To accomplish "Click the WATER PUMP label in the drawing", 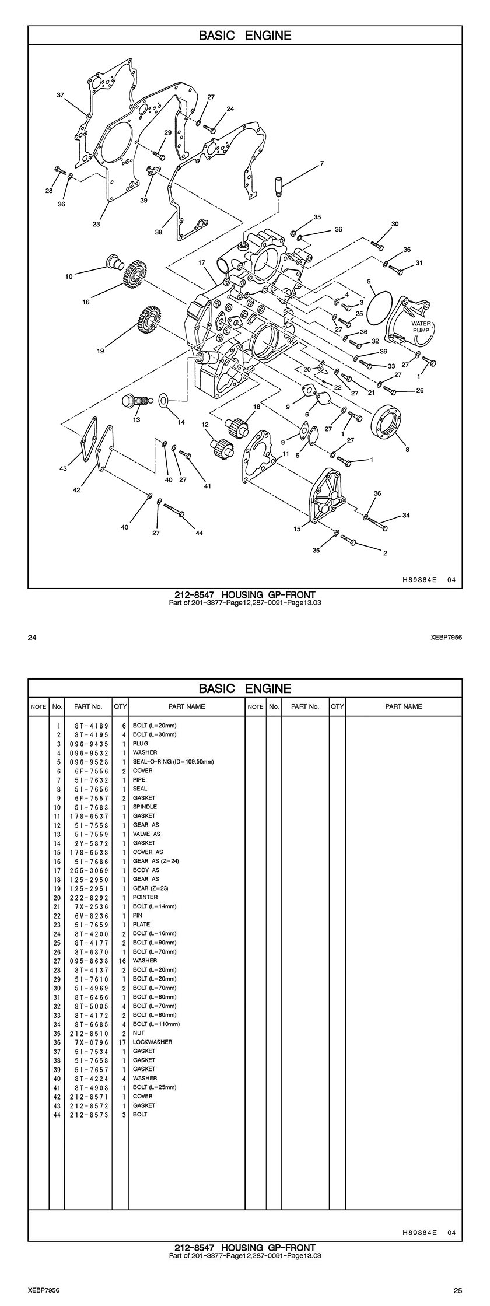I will pyautogui.click(x=421, y=327).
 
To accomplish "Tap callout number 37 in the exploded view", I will pyautogui.click(x=60, y=94).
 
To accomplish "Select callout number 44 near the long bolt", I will pyautogui.click(x=199, y=533).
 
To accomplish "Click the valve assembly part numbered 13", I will pyautogui.click(x=134, y=401).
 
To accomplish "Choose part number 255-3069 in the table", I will pyautogui.click(x=88, y=870).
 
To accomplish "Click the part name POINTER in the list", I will pyautogui.click(x=145, y=897).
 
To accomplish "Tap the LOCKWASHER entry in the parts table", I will pyautogui.click(x=152, y=1042).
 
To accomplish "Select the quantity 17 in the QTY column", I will pyautogui.click(x=121, y=1042).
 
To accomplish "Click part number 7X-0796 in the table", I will pyautogui.click(x=88, y=1042).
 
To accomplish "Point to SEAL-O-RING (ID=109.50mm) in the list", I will pyautogui.click(x=173, y=762).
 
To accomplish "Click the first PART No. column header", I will pyautogui.click(x=88, y=706).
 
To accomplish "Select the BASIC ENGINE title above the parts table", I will pyautogui.click(x=245, y=688).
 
